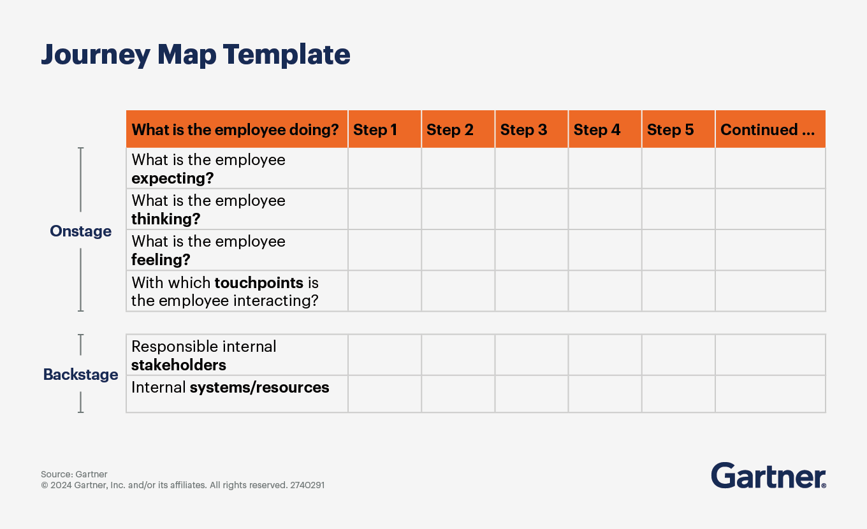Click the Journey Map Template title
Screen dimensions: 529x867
[196, 55]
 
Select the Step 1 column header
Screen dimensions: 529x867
[375, 130]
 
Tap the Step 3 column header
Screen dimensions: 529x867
[523, 130]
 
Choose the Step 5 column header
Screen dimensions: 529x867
[670, 130]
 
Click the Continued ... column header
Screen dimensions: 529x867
[768, 130]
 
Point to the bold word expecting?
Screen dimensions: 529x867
[172, 178]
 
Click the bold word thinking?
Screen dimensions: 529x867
[166, 219]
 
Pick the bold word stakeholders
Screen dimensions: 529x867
[178, 365]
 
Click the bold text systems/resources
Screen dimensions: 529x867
[259, 387]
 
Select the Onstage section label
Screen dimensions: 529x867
[80, 231]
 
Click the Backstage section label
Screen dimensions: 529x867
[80, 374]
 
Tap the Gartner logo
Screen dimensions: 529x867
[768, 475]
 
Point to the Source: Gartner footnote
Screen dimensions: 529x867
[74, 474]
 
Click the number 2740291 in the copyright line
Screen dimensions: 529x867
[307, 485]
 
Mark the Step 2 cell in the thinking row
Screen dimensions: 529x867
[458, 209]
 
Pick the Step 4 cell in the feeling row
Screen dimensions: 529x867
[605, 250]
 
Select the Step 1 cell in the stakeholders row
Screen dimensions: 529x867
[384, 355]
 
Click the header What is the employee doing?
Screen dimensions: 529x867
[235, 130]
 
